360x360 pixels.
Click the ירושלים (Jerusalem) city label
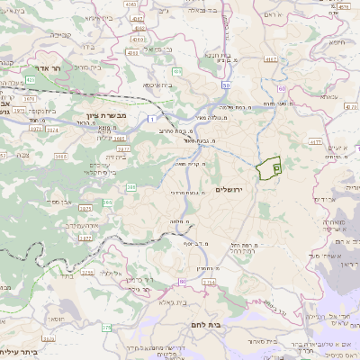(230, 190)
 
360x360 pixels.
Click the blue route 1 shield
(152, 120)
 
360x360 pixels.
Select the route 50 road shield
(225, 85)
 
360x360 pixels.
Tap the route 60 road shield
(283, 89)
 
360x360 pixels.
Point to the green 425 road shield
(30, 80)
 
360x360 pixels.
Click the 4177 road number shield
(314, 141)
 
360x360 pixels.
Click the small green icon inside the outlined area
(276, 167)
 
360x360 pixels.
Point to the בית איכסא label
(157, 85)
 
